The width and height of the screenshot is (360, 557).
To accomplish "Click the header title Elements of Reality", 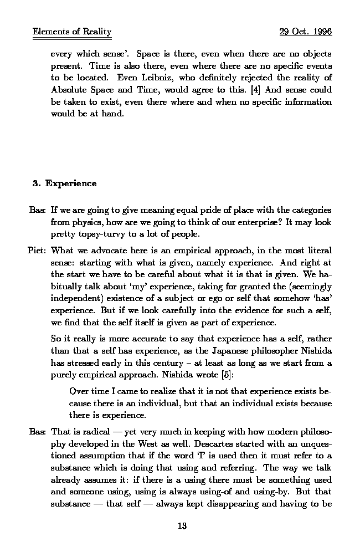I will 72,32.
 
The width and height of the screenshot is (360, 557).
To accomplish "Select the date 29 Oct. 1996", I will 305,32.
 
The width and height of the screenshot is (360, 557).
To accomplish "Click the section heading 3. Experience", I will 64,183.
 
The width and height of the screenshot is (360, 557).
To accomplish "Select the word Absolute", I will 68,90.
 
